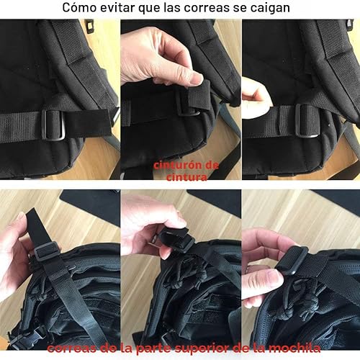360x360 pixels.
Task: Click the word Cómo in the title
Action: point(80,9)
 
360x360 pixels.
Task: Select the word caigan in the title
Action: point(269,9)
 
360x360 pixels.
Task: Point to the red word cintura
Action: point(186,175)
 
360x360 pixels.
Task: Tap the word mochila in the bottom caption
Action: point(297,349)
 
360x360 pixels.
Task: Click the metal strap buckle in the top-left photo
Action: point(55,125)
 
